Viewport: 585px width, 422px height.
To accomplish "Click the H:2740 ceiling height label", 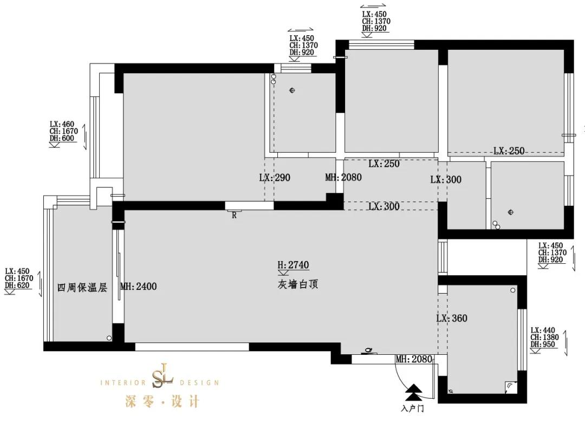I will (x=293, y=265).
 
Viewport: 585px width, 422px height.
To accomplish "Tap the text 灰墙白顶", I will (x=296, y=284).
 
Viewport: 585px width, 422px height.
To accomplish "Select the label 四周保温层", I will (x=82, y=287).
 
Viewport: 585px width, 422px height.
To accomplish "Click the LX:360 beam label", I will (x=452, y=318).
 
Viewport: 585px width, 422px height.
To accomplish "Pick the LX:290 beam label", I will (x=275, y=177).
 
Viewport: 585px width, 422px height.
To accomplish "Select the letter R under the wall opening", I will (x=234, y=215).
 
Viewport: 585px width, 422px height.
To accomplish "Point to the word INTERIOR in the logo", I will (x=123, y=382).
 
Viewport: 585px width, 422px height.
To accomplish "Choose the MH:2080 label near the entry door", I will (x=414, y=359).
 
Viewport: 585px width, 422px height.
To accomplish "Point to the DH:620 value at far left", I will (x=18, y=285).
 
